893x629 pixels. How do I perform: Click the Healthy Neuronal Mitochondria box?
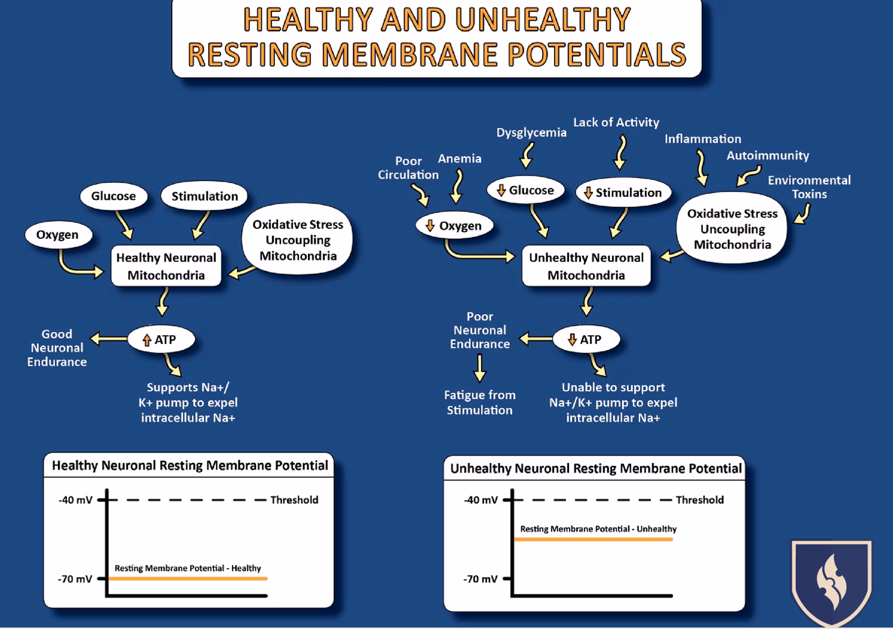[x=166, y=266]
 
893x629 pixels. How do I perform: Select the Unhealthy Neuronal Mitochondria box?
[x=586, y=266]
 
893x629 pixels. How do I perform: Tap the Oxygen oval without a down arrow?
[x=58, y=235]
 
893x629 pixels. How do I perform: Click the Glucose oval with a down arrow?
[x=525, y=191]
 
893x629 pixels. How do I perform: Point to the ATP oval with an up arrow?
[x=161, y=340]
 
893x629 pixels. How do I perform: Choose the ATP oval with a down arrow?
[x=585, y=340]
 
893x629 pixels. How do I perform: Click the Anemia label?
[x=459, y=159]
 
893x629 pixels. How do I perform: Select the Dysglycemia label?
[x=531, y=133]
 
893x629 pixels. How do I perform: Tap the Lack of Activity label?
[x=616, y=122]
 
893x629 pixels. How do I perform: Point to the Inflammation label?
[x=702, y=139]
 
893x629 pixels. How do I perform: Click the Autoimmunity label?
[x=767, y=156]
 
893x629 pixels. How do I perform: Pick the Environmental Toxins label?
[x=809, y=187]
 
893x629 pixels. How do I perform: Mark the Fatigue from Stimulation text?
[x=479, y=403]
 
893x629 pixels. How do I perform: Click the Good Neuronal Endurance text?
[x=57, y=348]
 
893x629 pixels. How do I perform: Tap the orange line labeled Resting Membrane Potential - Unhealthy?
[x=593, y=539]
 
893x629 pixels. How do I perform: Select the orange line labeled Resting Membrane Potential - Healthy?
[x=188, y=578]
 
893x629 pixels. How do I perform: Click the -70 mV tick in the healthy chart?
[x=102, y=579]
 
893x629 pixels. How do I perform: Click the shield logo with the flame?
[x=831, y=582]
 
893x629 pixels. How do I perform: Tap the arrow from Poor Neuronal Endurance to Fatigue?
[x=479, y=368]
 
